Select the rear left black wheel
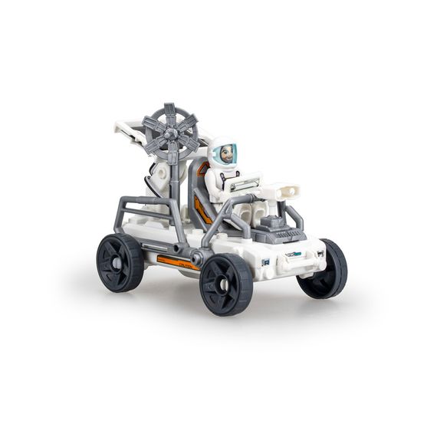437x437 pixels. pos(120,262)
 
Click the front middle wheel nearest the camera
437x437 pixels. pos(226,283)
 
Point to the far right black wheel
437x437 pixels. pos(324,268)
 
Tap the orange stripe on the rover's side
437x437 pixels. pos(178,263)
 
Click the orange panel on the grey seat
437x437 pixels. pos(202,205)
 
